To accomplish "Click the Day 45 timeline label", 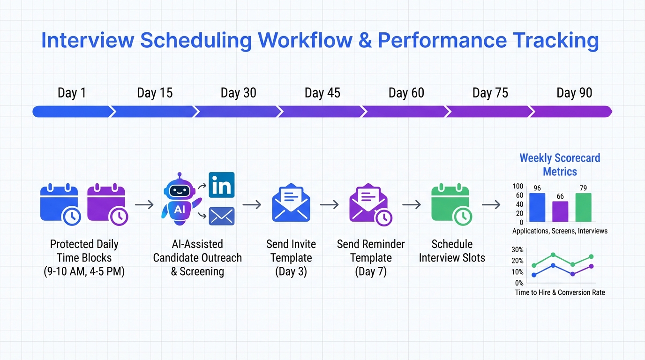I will point(322,93).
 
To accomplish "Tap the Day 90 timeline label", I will point(574,93).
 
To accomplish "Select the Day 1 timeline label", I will point(72,93).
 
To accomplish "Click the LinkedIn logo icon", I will point(221,185).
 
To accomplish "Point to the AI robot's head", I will point(179,190).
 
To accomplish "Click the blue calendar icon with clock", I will point(60,204).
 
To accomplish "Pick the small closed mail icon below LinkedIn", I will point(221,216).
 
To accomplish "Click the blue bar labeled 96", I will point(537,207).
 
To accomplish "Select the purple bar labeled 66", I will point(560,211).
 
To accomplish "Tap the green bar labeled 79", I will point(583,207).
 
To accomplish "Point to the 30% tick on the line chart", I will point(517,249).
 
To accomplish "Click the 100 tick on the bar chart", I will point(517,187).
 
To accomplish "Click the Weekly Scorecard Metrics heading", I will point(560,165).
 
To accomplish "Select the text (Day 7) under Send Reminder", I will point(370,271).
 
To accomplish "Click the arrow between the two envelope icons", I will point(329,204).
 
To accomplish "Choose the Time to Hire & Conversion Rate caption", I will point(560,292).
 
